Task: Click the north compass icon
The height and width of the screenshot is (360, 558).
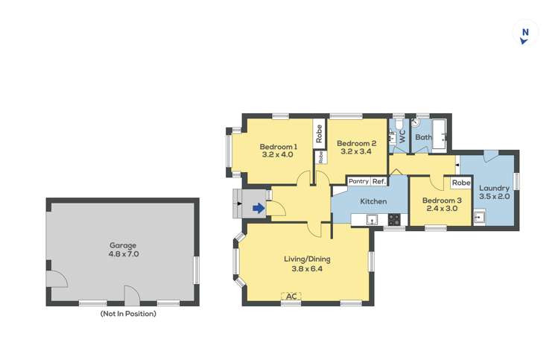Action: click(x=525, y=34)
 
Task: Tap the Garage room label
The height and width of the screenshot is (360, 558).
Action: click(x=123, y=244)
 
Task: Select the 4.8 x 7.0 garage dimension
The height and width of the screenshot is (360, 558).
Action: click(x=123, y=254)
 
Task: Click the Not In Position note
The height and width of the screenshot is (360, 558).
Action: click(x=128, y=314)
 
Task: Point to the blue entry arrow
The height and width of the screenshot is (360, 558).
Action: click(x=258, y=208)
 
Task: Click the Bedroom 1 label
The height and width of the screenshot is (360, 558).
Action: click(x=278, y=146)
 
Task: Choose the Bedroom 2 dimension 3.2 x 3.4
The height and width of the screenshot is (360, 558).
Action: click(x=356, y=152)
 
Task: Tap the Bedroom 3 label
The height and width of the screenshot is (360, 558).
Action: click(x=442, y=200)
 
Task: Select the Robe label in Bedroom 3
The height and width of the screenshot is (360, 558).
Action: click(x=461, y=183)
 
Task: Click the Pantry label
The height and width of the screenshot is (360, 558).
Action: click(x=358, y=181)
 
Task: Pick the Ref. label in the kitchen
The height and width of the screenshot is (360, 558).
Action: click(x=378, y=181)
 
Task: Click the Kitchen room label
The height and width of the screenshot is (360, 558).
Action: click(x=373, y=201)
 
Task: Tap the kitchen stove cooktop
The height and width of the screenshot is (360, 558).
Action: click(x=394, y=219)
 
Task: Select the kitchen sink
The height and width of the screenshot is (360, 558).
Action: click(x=372, y=219)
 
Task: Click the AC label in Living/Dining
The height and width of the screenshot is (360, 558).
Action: click(x=291, y=296)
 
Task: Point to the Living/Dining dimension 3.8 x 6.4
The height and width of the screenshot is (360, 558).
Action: click(x=306, y=269)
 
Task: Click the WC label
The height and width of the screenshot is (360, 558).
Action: click(x=402, y=136)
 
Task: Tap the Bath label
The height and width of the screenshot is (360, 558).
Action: click(x=423, y=137)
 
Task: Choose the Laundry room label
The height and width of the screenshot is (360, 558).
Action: click(x=494, y=188)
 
